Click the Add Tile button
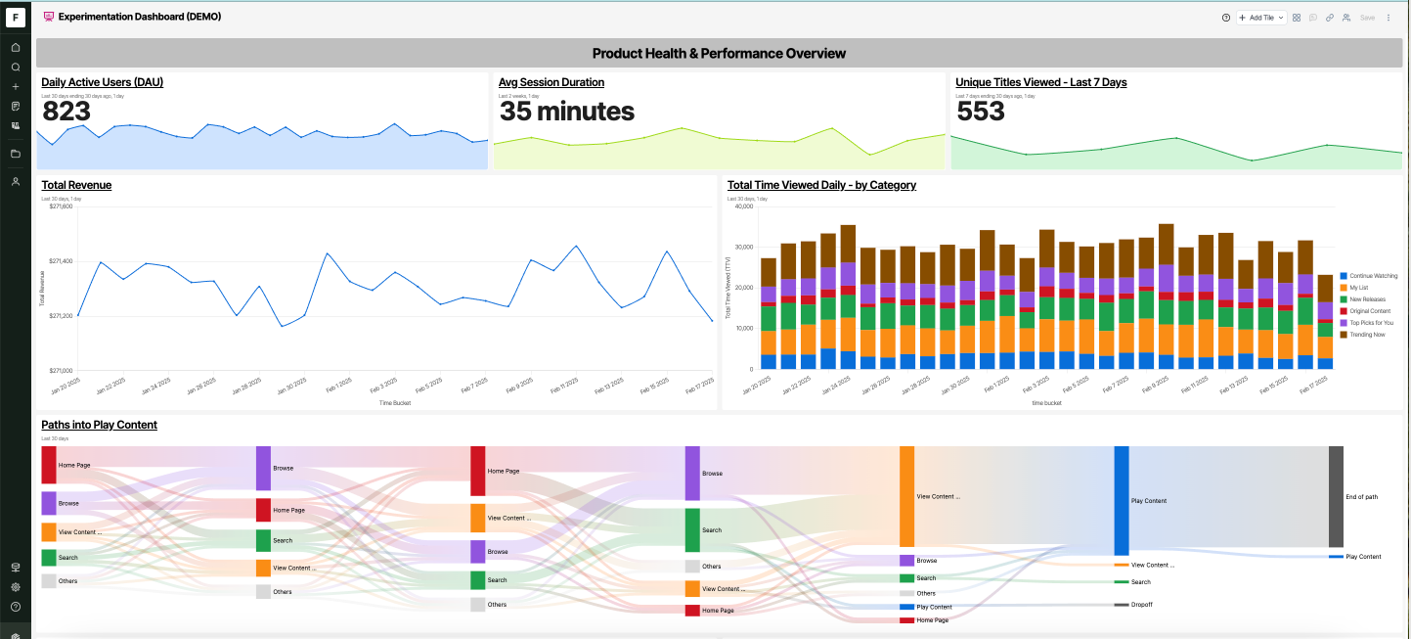(x=1260, y=18)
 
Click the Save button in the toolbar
(x=1367, y=18)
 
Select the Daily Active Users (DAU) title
(x=102, y=82)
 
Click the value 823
(x=66, y=112)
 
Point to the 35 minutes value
(x=566, y=112)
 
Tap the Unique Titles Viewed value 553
(x=981, y=112)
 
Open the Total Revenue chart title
(x=76, y=185)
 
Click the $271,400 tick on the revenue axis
(x=61, y=261)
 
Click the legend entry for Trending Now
(x=1367, y=335)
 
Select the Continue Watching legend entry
(x=1373, y=276)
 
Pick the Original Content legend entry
(x=1369, y=311)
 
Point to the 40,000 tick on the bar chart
(x=742, y=206)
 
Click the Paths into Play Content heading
(x=99, y=425)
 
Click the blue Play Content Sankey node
(x=1121, y=501)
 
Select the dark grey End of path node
(x=1336, y=497)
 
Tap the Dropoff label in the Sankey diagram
(x=1141, y=605)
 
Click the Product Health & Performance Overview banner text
(x=719, y=53)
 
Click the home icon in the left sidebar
(x=16, y=47)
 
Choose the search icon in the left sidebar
(x=16, y=67)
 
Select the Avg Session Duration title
(x=551, y=82)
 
